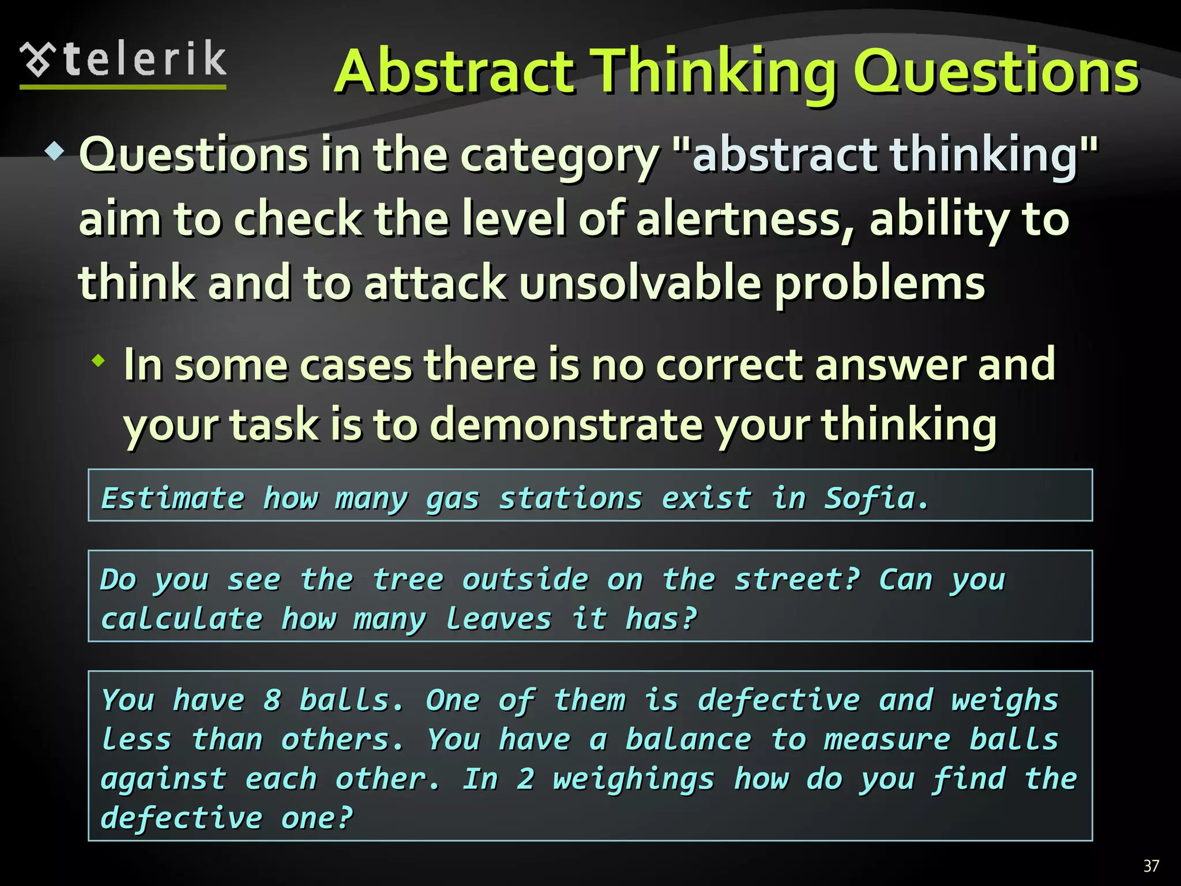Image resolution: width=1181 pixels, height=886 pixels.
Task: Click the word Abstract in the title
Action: tap(454, 72)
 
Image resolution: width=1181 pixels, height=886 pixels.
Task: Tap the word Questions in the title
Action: tap(996, 72)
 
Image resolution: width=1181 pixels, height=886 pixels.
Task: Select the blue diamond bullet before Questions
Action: tap(55, 152)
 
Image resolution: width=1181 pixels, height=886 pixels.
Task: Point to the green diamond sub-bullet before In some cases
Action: tap(99, 362)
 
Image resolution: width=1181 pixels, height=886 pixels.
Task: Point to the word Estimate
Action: tap(173, 498)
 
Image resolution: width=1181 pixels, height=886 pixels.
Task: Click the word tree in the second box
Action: tap(408, 579)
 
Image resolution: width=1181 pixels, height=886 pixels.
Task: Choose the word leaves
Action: tap(499, 619)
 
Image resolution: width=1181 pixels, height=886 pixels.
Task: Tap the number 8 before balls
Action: tap(272, 700)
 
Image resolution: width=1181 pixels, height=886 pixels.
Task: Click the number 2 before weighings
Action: tap(525, 779)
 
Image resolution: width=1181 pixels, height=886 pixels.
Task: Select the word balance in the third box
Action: tap(689, 739)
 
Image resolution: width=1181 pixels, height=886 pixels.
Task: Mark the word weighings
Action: tap(633, 780)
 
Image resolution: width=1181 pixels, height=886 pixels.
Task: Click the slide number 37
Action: tap(1151, 866)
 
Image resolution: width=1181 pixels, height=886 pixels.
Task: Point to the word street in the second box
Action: tap(796, 579)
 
